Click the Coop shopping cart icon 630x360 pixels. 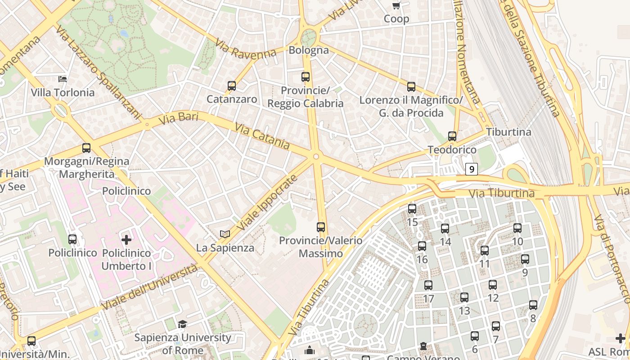396,6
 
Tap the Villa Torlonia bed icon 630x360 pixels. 63,79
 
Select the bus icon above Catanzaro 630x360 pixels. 232,85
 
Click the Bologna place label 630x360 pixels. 309,50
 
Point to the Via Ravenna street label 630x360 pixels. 245,49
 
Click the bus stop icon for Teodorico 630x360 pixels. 452,136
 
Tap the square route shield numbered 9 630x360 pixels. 471,169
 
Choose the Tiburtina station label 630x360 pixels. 508,132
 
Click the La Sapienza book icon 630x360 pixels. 225,234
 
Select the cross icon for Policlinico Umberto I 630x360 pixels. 126,239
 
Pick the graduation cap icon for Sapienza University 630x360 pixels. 182,324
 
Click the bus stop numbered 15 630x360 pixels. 412,209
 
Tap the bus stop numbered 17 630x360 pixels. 428,285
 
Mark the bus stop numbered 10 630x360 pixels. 517,228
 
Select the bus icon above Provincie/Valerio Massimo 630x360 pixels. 321,227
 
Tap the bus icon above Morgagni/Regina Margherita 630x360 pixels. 86,148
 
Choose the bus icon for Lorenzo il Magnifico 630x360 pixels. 411,87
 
